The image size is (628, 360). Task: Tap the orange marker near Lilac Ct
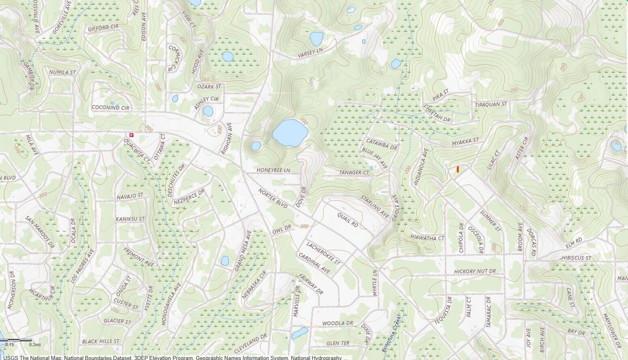458,169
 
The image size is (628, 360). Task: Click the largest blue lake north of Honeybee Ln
290,133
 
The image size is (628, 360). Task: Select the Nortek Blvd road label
273,198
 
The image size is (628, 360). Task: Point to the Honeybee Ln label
273,170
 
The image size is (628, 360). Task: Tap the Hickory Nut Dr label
475,271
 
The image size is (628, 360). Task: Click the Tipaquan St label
491,105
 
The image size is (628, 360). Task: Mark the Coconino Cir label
110,108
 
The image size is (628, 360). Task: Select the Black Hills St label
101,341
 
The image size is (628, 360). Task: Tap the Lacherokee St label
323,254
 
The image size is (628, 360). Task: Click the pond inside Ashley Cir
208,111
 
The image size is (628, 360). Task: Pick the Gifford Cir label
103,28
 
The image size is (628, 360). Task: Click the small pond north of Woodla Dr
299,333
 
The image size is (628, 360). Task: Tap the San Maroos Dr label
39,232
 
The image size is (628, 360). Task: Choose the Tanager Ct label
354,172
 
